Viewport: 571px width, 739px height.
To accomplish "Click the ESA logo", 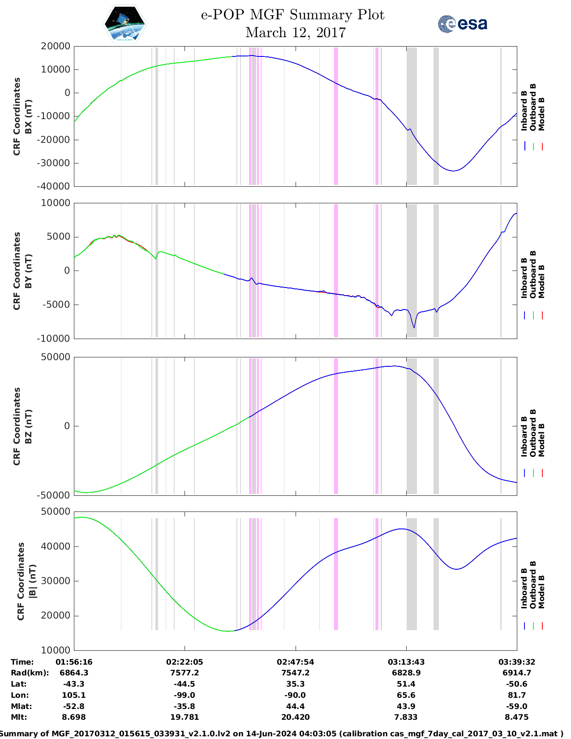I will (x=462, y=24).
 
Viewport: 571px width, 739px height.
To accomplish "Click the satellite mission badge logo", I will (x=125, y=24).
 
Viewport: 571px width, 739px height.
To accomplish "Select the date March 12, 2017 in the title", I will (x=296, y=33).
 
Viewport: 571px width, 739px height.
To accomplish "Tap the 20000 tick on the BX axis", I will (x=56, y=46).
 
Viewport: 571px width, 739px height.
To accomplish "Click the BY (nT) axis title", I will (x=28, y=271).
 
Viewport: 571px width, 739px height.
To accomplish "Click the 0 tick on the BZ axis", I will (x=67, y=426).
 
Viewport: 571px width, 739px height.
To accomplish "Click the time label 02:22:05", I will (x=185, y=662).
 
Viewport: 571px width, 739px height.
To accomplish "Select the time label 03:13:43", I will (x=406, y=662).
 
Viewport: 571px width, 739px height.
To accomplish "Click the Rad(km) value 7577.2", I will (x=185, y=673).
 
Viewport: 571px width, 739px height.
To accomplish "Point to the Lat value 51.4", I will (x=406, y=684).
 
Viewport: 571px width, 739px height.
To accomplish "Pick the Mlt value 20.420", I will (x=295, y=717).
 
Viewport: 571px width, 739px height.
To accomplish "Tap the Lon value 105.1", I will (x=74, y=695).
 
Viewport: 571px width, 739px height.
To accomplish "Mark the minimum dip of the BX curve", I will (x=453, y=171).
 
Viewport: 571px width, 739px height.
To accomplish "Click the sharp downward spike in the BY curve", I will (x=414, y=327).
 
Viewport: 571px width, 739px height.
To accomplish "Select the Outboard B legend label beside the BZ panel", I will (x=533, y=433).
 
